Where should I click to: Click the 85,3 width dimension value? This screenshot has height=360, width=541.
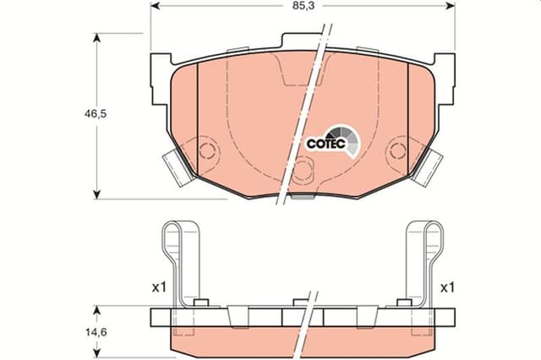(301, 6)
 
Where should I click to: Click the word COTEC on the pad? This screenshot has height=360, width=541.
(322, 143)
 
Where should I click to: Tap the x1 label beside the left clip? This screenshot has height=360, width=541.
(158, 287)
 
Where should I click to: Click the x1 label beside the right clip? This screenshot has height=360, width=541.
(447, 287)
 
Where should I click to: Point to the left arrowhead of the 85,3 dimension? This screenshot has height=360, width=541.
(154, 6)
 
